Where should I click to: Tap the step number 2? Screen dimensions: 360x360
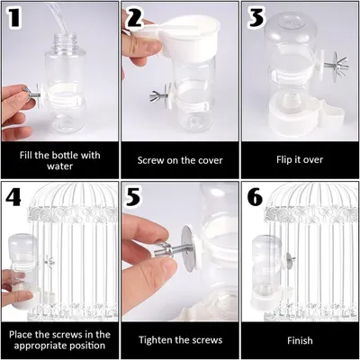pyautogui.click(x=135, y=17)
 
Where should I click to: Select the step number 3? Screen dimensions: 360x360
pyautogui.click(x=255, y=17)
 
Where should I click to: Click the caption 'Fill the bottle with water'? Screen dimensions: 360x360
pyautogui.click(x=58, y=159)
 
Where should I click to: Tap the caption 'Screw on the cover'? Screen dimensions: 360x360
pyautogui.click(x=179, y=160)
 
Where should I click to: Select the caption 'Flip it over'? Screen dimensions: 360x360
pyautogui.click(x=299, y=160)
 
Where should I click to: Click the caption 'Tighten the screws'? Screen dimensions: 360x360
pyautogui.click(x=179, y=340)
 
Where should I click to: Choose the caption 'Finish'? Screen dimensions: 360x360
pyautogui.click(x=299, y=340)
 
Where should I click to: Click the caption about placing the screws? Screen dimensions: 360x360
pyautogui.click(x=58, y=340)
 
